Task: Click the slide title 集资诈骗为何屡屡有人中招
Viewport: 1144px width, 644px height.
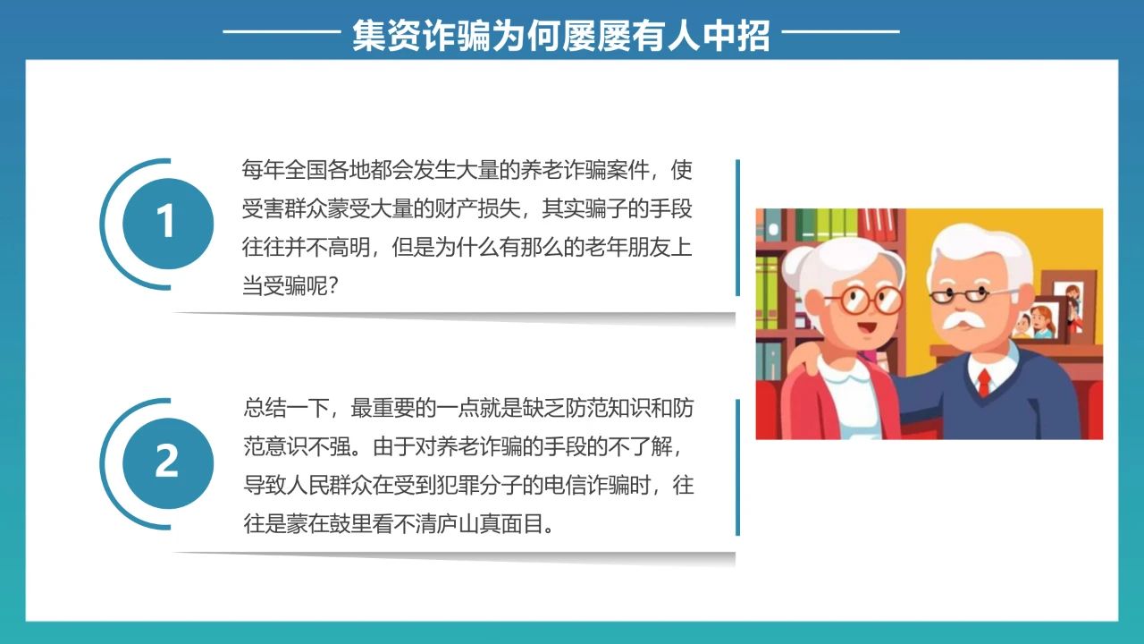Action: pyautogui.click(x=560, y=36)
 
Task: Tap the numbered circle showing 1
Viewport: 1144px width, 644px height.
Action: pyautogui.click(x=168, y=224)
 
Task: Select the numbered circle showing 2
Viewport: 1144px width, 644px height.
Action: pyautogui.click(x=168, y=463)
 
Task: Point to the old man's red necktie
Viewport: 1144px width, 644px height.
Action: pyautogui.click(x=984, y=382)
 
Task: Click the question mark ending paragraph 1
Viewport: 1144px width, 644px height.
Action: pyautogui.click(x=332, y=285)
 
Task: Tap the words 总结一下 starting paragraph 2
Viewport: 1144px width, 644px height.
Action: pyautogui.click(x=286, y=408)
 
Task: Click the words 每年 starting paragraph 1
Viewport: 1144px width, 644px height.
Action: pyautogui.click(x=263, y=170)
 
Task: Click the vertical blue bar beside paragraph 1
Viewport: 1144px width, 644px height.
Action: pyautogui.click(x=737, y=227)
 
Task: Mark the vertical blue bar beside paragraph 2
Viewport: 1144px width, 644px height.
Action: pyautogui.click(x=737, y=467)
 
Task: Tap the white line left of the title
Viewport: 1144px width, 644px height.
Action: pyautogui.click(x=282, y=31)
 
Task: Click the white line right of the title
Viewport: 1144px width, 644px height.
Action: pyautogui.click(x=841, y=31)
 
